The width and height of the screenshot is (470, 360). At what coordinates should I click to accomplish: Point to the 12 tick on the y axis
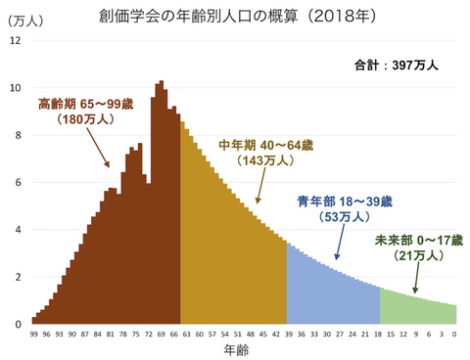[14, 41]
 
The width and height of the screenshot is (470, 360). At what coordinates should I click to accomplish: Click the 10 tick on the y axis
[14, 88]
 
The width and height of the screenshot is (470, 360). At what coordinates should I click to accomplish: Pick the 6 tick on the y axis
[16, 183]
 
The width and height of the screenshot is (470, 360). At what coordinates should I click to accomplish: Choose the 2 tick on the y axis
[16, 277]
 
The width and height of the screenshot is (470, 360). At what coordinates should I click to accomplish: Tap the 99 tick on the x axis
[34, 334]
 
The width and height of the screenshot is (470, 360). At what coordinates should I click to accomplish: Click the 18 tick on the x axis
[378, 334]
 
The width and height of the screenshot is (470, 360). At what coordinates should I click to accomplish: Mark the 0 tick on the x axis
[454, 334]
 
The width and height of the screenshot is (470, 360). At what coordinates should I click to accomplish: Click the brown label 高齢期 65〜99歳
[87, 104]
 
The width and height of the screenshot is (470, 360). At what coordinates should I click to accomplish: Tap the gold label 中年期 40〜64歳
[264, 145]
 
